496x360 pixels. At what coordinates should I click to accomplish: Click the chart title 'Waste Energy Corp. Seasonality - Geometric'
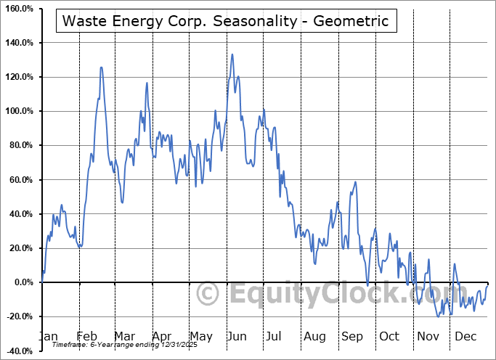point(227,22)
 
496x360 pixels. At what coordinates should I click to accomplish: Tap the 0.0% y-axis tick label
point(23,282)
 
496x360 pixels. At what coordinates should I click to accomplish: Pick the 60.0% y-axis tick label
point(20,180)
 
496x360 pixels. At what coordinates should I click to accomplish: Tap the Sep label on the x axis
point(352,336)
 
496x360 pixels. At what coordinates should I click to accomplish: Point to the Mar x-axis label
point(124,336)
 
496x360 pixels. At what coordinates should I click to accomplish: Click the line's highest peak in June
point(232,54)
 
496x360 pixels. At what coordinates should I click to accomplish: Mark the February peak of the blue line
point(101,67)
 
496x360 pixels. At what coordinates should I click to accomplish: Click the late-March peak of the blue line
point(147,83)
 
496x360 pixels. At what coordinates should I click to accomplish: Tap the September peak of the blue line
point(355,181)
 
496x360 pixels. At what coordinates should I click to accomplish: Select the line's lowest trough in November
point(439,316)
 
